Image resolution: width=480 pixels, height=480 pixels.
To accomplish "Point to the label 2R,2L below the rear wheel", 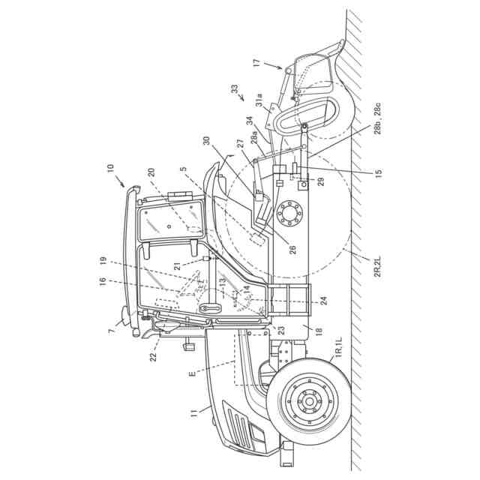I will pos(374,267).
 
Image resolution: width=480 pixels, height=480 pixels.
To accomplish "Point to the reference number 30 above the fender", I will pos(205,142).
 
